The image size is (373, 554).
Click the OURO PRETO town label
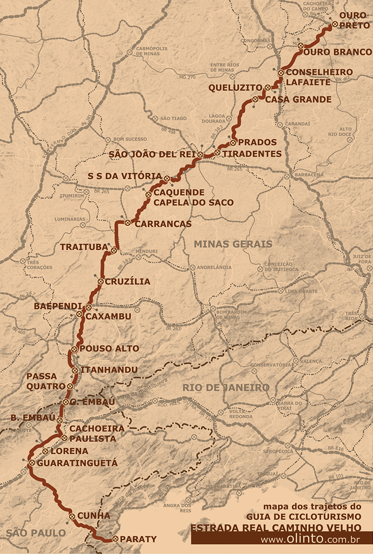[x=353, y=20]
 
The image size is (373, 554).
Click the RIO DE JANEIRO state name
[x=226, y=387]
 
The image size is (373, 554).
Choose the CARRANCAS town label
[x=163, y=224]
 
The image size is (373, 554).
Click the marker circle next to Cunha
[x=72, y=516]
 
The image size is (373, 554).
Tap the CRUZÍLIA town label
[x=128, y=282]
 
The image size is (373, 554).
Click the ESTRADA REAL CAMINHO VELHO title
[x=275, y=528]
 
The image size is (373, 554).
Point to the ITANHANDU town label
[x=109, y=370]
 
